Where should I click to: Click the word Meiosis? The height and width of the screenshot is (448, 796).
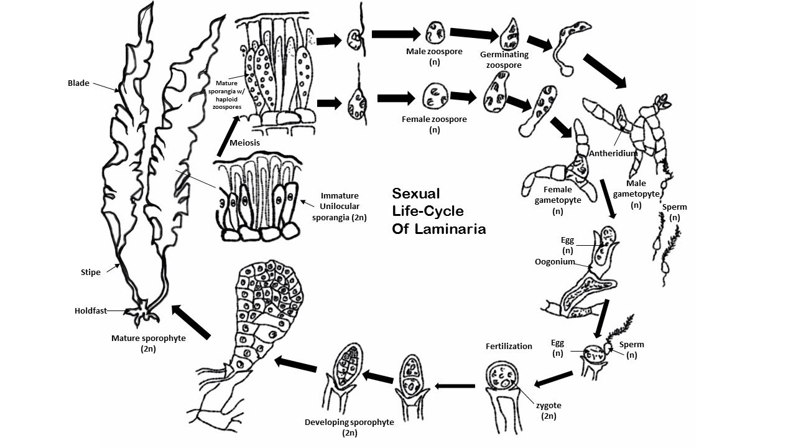(x=244, y=143)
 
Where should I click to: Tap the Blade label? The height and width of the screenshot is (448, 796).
(x=79, y=83)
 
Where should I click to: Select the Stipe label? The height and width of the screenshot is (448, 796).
(x=91, y=272)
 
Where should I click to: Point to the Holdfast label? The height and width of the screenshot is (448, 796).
(x=91, y=310)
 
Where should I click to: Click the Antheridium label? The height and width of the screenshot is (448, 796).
(x=613, y=153)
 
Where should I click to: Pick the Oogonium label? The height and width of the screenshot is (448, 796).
(x=555, y=262)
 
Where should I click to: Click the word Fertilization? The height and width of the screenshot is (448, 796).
(x=509, y=346)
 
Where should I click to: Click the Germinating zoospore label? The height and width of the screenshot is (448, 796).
(x=504, y=60)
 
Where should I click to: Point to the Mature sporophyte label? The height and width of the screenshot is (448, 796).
(x=148, y=343)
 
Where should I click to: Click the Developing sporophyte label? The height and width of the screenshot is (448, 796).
(x=349, y=427)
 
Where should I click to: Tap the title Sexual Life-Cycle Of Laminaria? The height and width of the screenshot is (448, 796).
(x=438, y=211)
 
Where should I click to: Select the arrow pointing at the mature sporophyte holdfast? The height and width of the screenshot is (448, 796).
(x=191, y=322)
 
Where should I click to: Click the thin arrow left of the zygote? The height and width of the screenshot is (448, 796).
(x=455, y=386)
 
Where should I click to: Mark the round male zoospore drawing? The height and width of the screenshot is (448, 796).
(x=434, y=31)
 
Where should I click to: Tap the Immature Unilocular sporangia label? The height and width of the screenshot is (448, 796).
(x=339, y=207)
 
